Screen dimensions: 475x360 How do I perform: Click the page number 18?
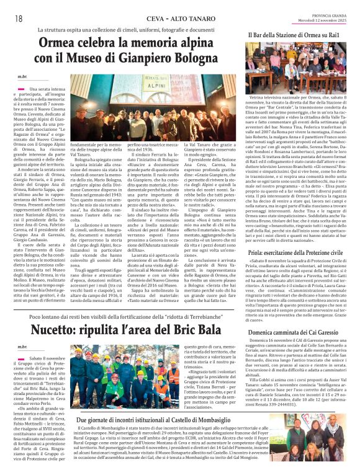point(19,18)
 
